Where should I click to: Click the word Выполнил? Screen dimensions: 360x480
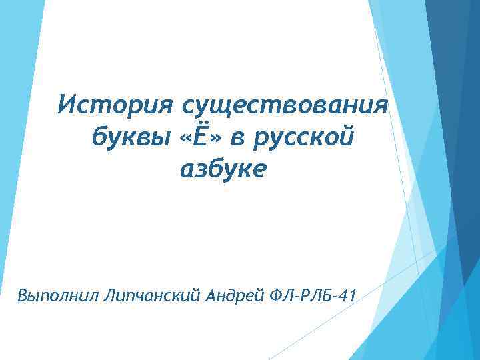(x=59, y=294)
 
